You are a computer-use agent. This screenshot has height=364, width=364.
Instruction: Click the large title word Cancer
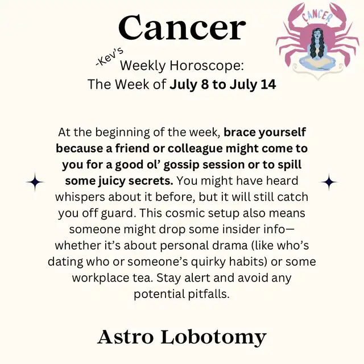(182, 27)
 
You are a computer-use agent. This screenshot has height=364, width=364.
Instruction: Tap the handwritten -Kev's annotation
(109, 57)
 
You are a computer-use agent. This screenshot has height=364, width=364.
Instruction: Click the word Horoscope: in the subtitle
(206, 66)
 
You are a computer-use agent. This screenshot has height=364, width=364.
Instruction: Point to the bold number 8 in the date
(205, 84)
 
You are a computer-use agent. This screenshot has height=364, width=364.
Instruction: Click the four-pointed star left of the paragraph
(35, 182)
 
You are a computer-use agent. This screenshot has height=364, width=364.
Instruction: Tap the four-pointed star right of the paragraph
(329, 182)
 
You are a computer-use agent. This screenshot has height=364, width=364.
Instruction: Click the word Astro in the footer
(126, 337)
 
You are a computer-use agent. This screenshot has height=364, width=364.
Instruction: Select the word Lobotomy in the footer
(213, 338)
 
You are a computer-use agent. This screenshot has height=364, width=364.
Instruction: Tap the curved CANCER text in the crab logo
(317, 15)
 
